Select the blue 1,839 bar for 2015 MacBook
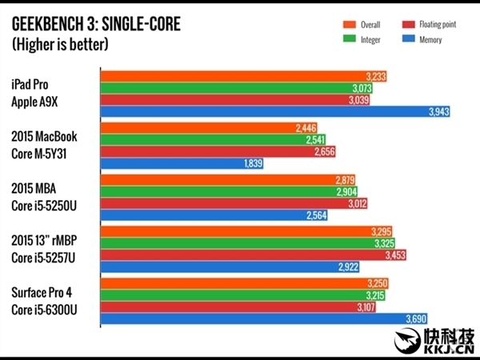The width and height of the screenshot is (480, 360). tap(182, 164)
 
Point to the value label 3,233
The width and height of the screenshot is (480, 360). tap(376, 76)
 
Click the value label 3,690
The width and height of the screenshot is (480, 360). tap(416, 318)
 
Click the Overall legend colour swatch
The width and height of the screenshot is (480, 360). tap(330, 25)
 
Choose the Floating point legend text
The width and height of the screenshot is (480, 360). tap(438, 25)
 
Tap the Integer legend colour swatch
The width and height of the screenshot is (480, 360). tap(330, 38)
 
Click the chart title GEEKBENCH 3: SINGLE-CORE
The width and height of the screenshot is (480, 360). tap(96, 25)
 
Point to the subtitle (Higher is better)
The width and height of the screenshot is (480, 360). tap(60, 45)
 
